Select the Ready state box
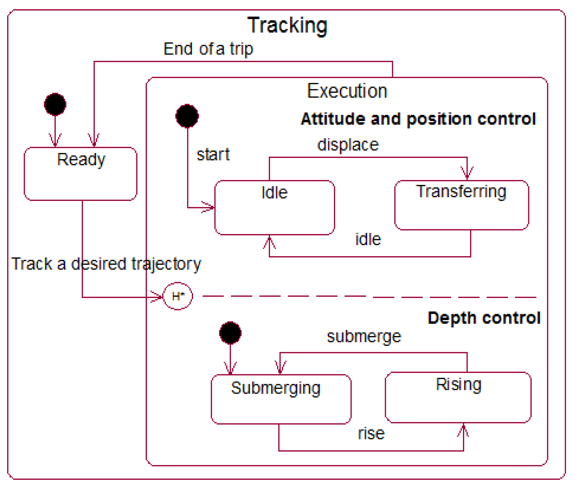coord(80,174)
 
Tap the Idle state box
coord(274,208)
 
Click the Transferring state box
coord(461,205)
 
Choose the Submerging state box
coord(281,399)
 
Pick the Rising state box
coord(458,398)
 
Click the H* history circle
coord(178,296)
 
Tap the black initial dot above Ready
coord(55,104)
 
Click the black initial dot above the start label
coord(187,116)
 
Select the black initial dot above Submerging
coord(230,333)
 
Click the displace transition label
coord(348,145)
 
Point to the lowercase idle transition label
coord(368,239)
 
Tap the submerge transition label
coord(364,337)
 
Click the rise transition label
coord(371,434)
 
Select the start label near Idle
coord(213,155)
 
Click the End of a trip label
coord(208,49)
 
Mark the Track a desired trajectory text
coord(106,264)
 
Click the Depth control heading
coord(484,318)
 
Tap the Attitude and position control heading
coord(418,119)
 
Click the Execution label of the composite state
coord(347,91)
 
